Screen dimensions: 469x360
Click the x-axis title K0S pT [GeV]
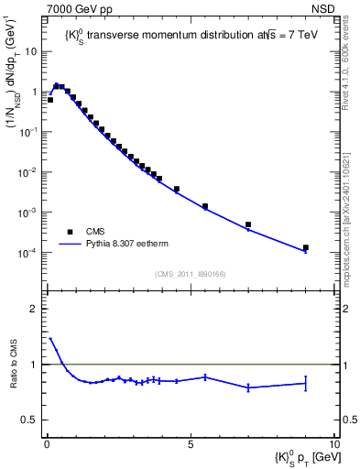click(299, 456)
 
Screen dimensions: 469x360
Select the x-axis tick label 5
click(190, 443)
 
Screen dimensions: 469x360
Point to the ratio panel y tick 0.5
click(33, 420)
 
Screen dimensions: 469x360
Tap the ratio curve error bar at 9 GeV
click(305, 383)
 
